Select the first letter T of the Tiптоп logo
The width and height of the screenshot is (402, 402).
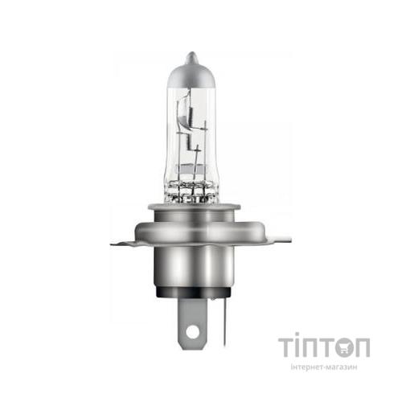tap(286, 347)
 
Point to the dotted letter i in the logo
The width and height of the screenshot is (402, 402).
tap(301, 347)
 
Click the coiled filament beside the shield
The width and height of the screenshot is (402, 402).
tap(201, 141)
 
